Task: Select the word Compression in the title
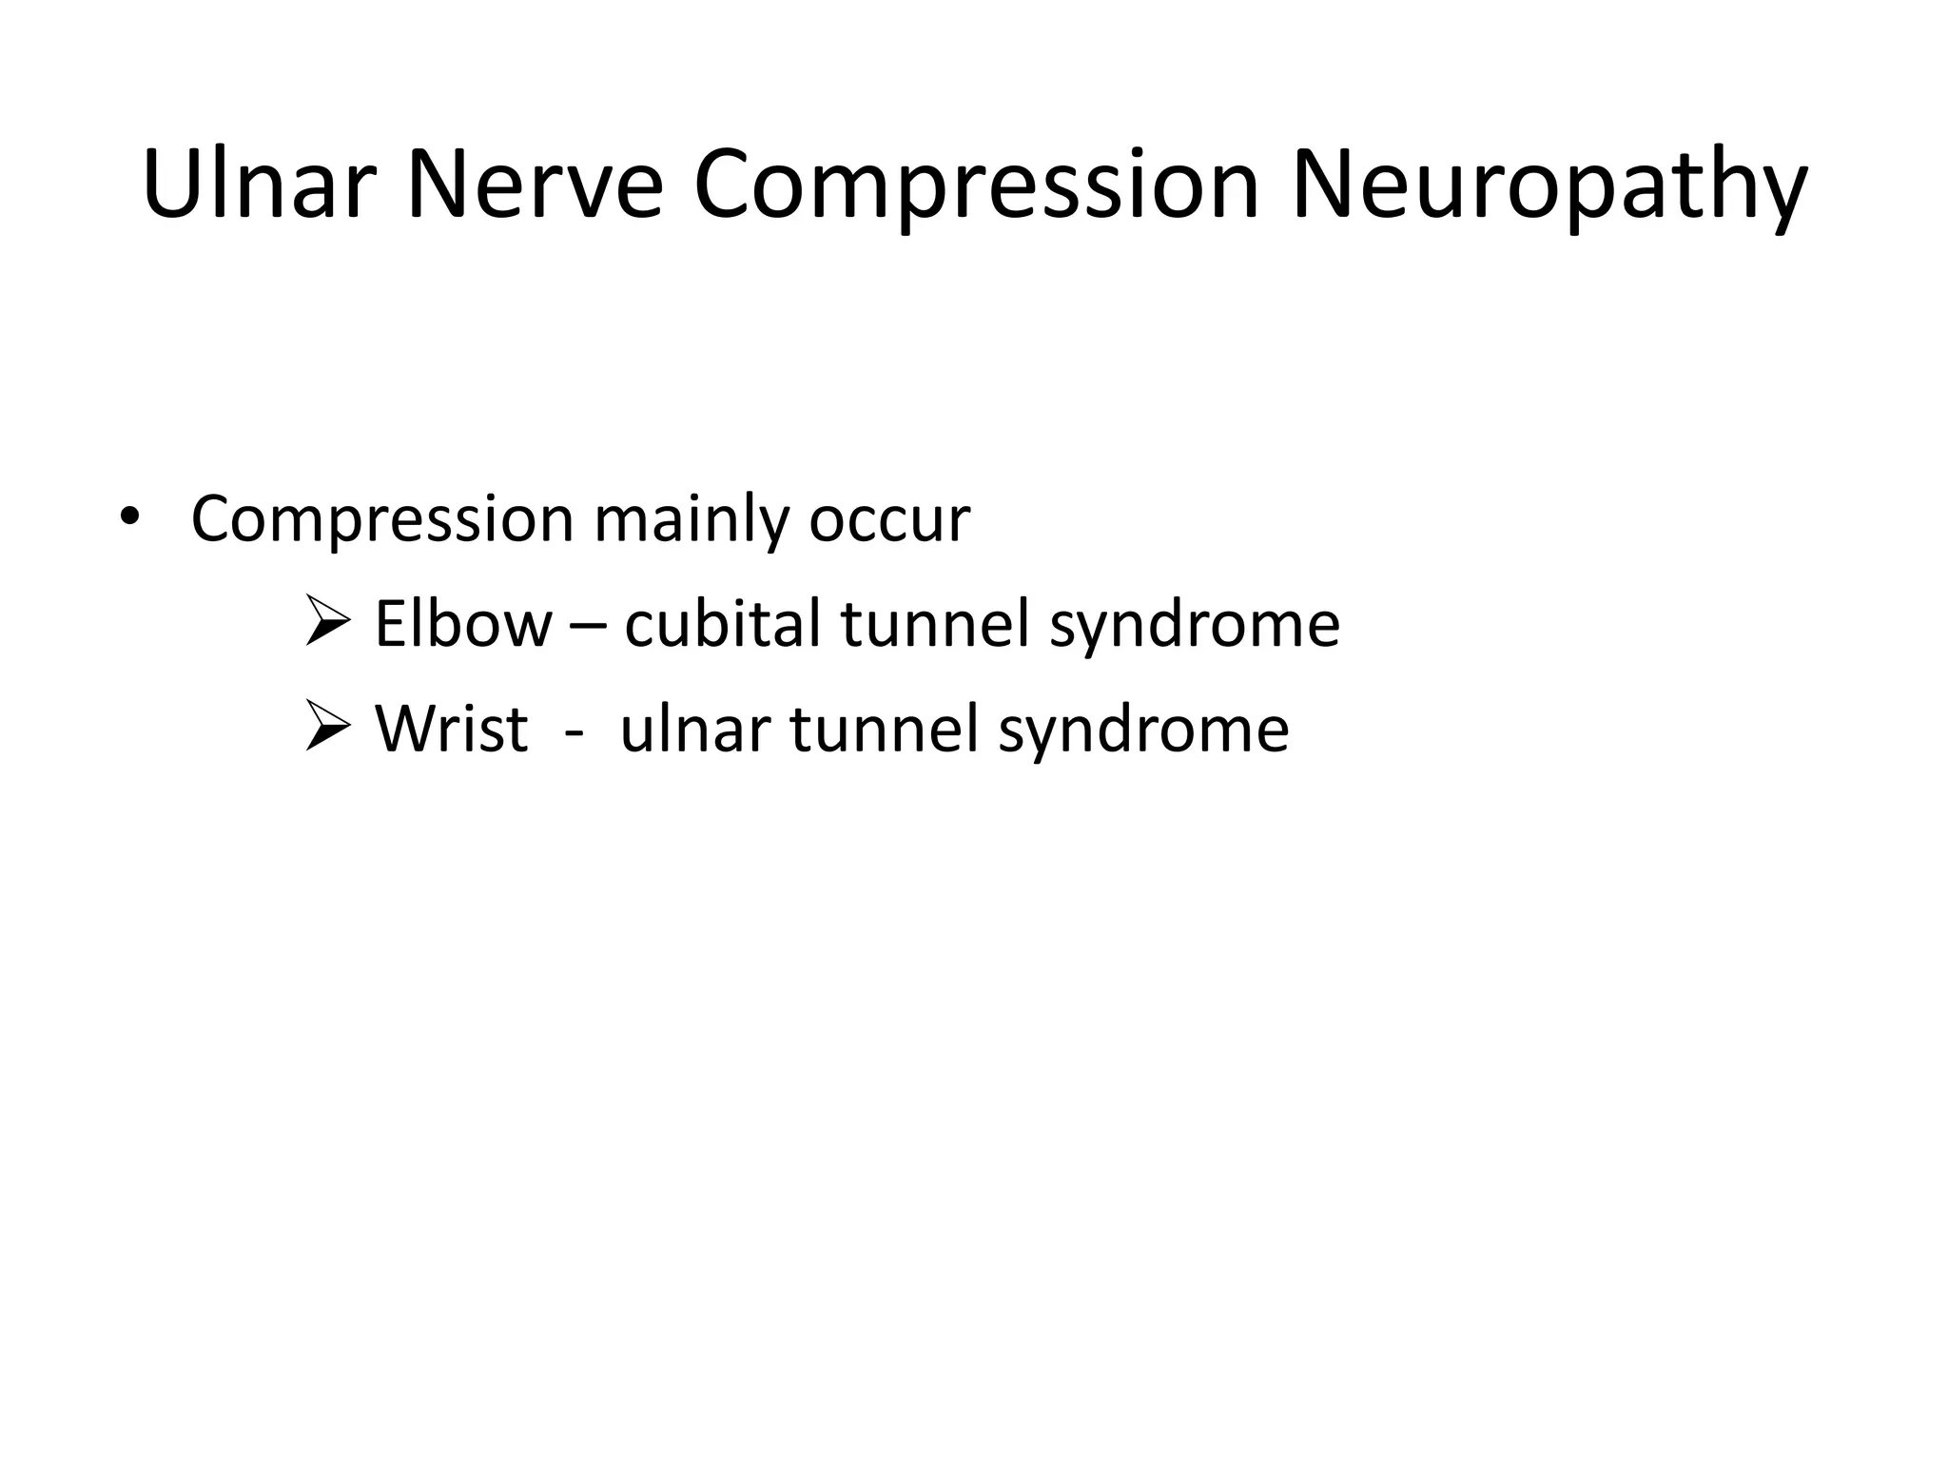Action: (976, 185)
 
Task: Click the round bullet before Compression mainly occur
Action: (129, 518)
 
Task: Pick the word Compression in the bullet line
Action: (381, 520)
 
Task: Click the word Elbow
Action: (463, 624)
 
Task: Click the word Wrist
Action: (451, 730)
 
